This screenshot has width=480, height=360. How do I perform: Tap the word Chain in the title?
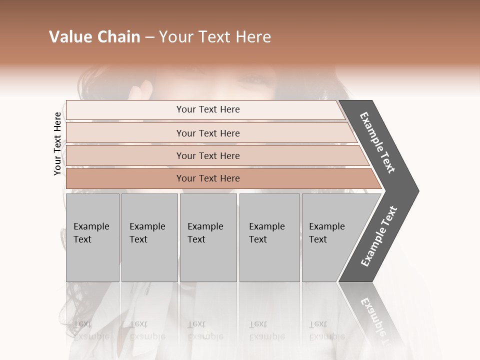(117, 37)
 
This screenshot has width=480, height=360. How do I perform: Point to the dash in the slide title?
(149, 37)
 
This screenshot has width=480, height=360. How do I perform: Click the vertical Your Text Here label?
(57, 143)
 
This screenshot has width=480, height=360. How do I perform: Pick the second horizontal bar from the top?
(208, 133)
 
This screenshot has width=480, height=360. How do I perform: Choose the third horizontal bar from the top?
(208, 156)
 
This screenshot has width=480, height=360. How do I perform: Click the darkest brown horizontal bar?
(208, 178)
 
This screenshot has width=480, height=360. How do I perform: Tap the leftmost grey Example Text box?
(92, 237)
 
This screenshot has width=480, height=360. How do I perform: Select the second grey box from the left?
(149, 237)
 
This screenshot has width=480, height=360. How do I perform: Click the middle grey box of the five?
(208, 237)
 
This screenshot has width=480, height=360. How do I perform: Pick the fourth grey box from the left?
(269, 237)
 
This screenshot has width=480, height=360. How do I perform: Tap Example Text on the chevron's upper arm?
(377, 142)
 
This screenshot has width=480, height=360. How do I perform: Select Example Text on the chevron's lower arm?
(379, 236)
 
